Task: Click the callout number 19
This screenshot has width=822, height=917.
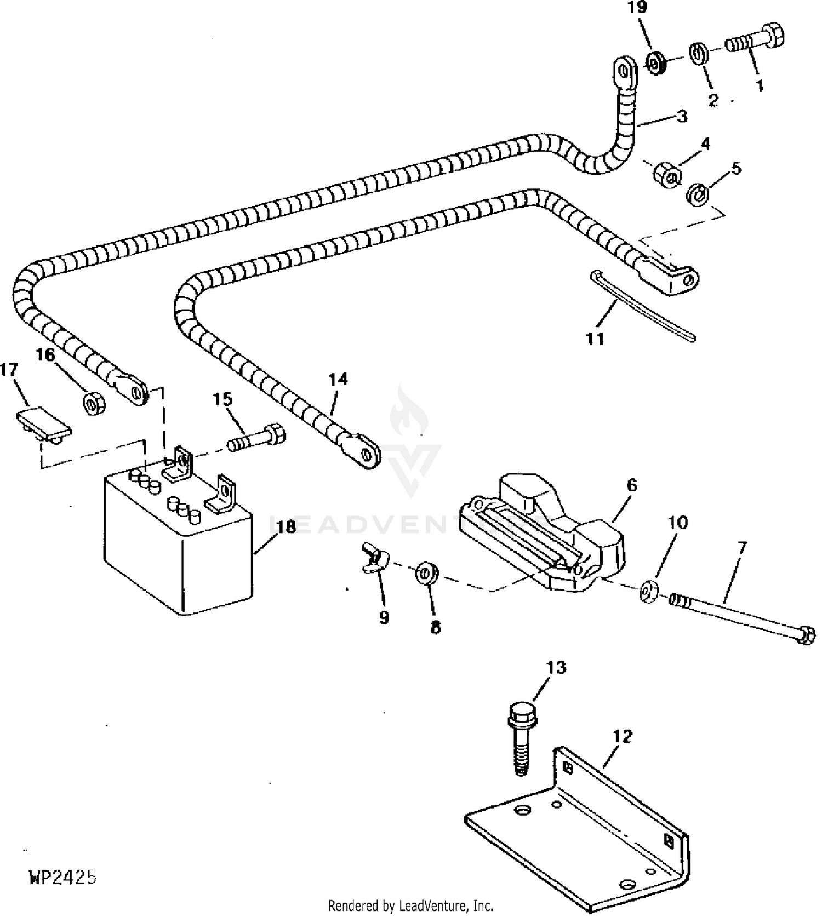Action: point(638,8)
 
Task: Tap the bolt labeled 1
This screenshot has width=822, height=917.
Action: point(755,39)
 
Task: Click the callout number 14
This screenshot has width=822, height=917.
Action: point(338,379)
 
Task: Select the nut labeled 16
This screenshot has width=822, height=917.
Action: point(93,404)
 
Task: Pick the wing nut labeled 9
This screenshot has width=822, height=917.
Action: point(375,559)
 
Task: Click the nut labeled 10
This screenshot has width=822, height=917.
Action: point(648,592)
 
